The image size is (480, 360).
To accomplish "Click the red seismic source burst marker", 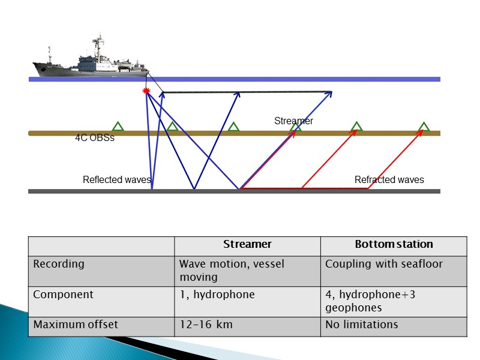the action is [145, 91].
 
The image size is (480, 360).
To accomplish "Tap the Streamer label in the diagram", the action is [294, 121].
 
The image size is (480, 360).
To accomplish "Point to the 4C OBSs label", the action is [94, 138].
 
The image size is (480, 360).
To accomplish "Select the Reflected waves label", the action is [116, 180].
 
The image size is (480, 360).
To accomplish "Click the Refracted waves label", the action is [389, 180].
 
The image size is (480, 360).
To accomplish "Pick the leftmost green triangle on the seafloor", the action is [118, 127].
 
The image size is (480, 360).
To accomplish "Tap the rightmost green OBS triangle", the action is [424, 127].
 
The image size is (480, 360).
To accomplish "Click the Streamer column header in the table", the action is [247, 244].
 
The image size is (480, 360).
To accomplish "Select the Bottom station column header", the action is [394, 244].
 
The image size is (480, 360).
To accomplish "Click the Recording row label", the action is [59, 264].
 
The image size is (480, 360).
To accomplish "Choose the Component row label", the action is [63, 295].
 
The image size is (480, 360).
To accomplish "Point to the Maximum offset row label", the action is [76, 325].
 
